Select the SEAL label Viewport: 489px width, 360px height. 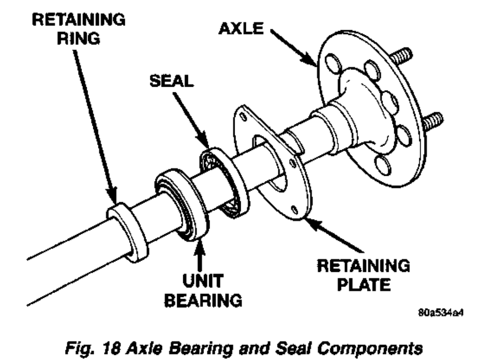coord(171,81)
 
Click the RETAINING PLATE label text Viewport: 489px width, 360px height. coord(362,276)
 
